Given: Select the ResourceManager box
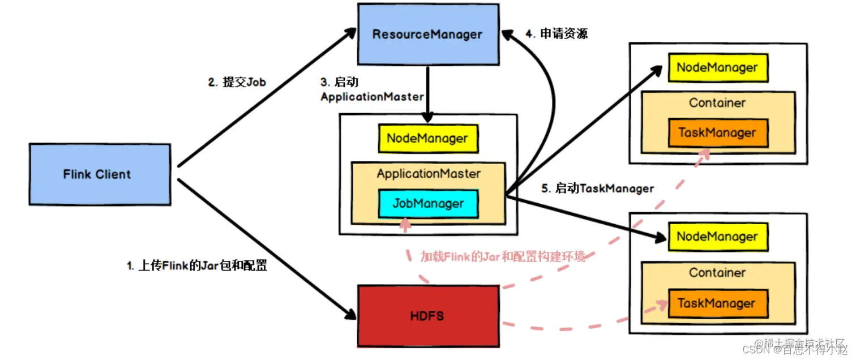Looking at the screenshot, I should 427,34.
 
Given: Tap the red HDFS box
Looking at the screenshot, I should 427,316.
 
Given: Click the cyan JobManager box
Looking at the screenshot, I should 428,204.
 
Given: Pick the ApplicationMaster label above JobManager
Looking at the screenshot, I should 429,174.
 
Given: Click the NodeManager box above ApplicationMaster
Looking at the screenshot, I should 427,139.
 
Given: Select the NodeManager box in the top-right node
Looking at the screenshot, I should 717,68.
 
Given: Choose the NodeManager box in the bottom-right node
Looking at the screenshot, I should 717,237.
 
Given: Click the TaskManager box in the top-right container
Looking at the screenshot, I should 717,133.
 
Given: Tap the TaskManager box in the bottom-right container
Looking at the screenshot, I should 717,303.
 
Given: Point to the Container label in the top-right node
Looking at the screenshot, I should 717,103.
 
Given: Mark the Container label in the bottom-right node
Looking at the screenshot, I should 717,273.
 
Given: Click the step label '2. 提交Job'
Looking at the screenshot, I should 237,83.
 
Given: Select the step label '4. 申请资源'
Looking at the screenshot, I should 557,34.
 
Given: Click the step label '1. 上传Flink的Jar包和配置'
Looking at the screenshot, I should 196,265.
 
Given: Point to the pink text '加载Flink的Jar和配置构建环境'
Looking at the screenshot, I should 503,256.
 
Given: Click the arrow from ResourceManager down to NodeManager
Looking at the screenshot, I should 428,93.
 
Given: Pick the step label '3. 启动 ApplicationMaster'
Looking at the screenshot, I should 372,89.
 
